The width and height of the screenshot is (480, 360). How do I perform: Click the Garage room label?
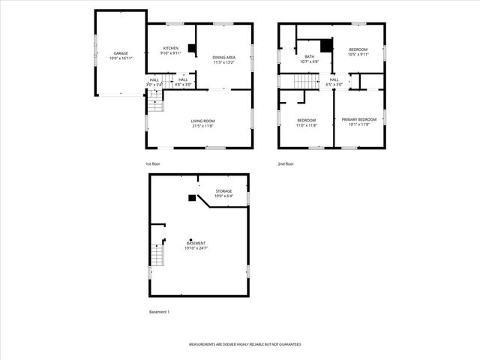click(121, 54)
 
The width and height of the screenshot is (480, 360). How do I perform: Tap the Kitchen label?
click(171, 49)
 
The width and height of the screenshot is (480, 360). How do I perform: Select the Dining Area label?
click(224, 57)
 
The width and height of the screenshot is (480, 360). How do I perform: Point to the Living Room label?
click(202, 121)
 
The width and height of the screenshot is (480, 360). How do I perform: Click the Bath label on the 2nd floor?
click(309, 56)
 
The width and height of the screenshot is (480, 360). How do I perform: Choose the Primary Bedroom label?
click(359, 120)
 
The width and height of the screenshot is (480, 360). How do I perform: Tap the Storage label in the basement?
click(224, 191)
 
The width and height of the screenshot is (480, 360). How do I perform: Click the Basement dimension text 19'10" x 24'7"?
click(196, 247)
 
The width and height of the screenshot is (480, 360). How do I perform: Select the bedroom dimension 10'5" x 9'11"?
click(358, 54)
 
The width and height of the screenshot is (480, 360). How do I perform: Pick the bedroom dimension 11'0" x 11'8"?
click(306, 124)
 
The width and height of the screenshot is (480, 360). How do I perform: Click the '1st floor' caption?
click(153, 163)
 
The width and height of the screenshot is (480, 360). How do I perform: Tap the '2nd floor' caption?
click(286, 163)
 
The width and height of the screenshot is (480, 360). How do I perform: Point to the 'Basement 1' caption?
click(159, 311)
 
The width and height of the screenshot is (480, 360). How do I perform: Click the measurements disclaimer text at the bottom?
click(244, 344)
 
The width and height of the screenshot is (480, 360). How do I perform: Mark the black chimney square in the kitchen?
click(192, 49)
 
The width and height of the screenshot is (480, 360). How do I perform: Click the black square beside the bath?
click(325, 46)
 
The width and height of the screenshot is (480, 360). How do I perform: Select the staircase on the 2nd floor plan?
click(307, 80)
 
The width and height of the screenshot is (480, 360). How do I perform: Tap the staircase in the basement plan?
click(157, 256)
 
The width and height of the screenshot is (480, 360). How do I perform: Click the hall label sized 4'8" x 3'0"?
click(183, 82)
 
